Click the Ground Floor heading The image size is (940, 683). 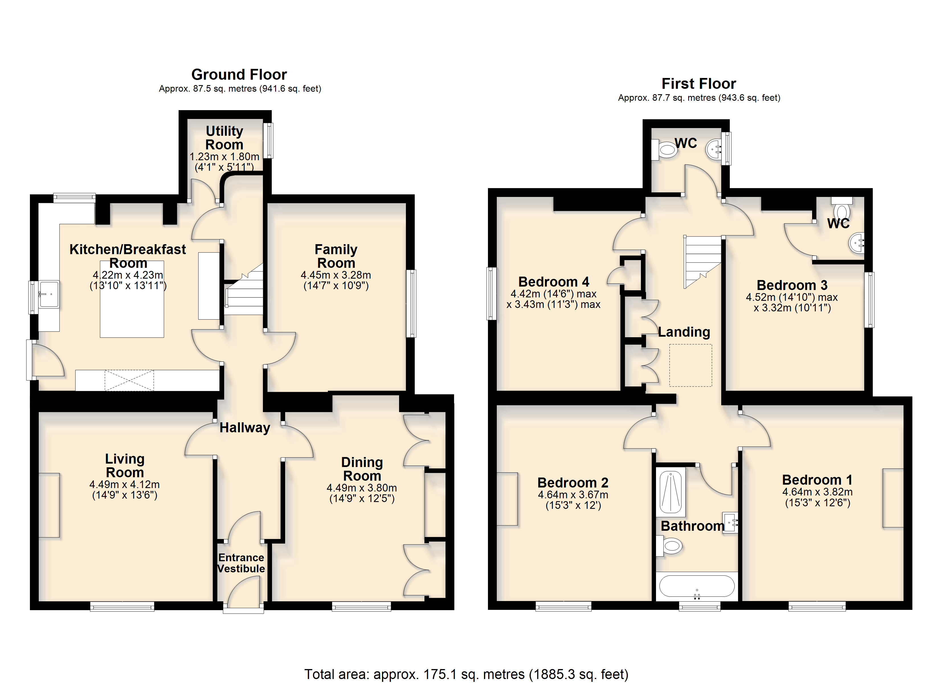239,75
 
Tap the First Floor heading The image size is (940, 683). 699,84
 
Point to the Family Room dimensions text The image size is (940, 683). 336,280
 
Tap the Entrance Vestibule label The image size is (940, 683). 241,563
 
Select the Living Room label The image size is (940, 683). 125,466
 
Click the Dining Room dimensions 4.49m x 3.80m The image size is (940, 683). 362,488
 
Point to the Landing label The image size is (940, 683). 684,332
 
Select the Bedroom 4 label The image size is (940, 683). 554,282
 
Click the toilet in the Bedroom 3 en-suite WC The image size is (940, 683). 841,208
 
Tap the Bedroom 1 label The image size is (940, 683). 817,480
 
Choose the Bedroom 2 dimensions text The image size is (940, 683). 573,500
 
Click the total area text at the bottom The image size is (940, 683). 466,674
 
